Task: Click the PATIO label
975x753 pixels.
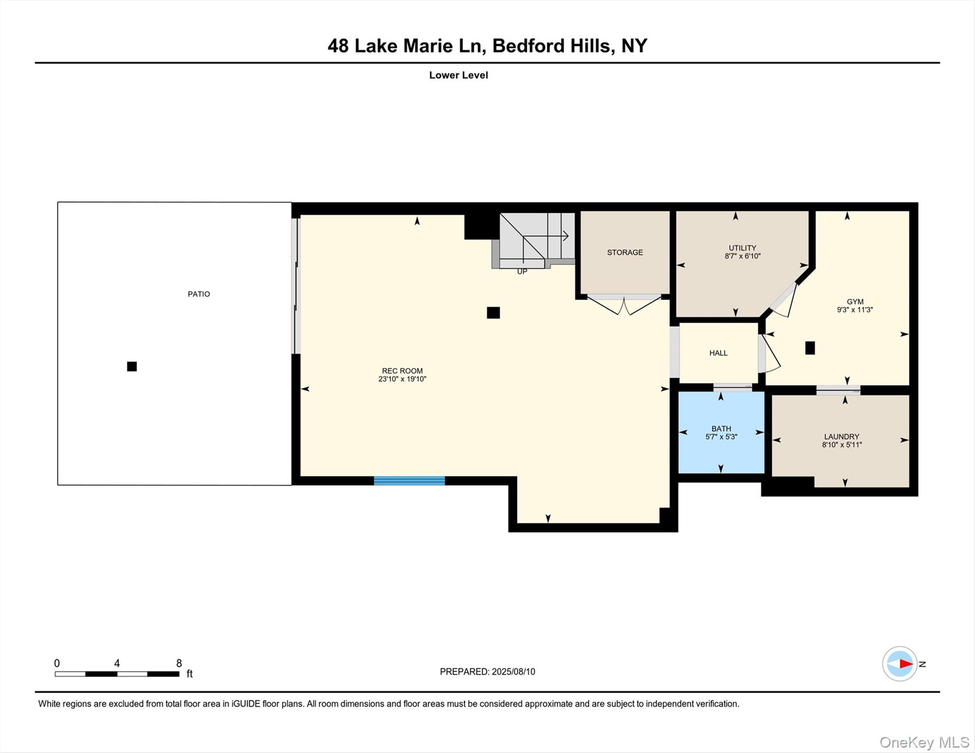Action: tap(199, 294)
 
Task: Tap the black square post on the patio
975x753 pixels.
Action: tap(132, 366)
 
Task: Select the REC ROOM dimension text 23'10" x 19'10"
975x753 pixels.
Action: tap(402, 379)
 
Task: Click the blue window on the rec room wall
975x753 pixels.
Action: tap(409, 480)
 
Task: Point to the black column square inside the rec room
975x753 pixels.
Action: tap(493, 313)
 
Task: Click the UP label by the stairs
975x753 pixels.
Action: tap(522, 272)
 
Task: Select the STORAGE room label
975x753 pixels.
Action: tap(625, 252)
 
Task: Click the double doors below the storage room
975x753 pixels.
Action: tap(624, 305)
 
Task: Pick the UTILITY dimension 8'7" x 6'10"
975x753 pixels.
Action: tap(743, 256)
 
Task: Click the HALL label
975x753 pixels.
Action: tap(718, 353)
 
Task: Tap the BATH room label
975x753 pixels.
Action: tap(721, 429)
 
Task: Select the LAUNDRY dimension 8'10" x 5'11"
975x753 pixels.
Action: tap(842, 445)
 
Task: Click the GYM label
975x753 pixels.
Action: tap(855, 302)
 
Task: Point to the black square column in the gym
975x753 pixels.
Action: tap(810, 348)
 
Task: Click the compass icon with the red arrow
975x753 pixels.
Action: tap(900, 664)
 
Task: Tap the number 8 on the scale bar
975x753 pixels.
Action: tap(179, 663)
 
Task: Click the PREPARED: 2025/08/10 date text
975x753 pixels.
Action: tap(487, 672)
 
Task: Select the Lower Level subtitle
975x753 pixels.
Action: tap(458, 75)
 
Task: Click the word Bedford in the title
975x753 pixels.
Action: tap(528, 46)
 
